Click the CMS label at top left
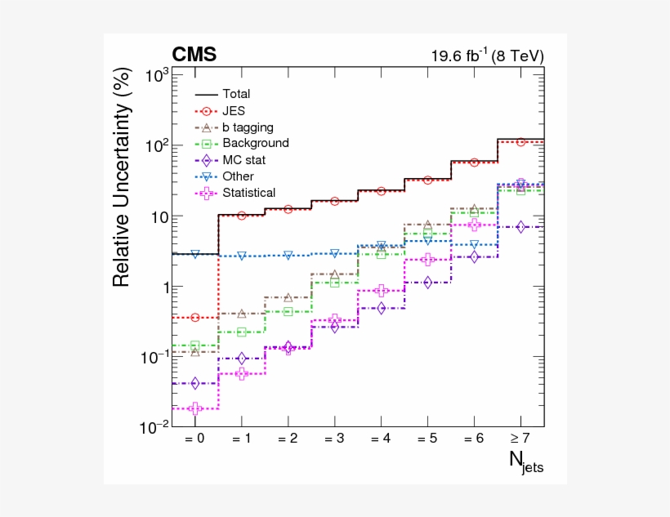pos(194,55)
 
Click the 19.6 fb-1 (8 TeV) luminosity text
pos(487,56)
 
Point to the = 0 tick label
pos(194,439)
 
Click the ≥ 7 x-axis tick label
pos(520,439)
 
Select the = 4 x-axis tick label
pos(381,439)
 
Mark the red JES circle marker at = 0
pos(194,317)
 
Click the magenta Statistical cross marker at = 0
pos(194,408)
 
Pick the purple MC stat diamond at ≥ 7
pos(520,226)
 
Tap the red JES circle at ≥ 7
pos(520,142)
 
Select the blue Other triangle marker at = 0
pos(194,255)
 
